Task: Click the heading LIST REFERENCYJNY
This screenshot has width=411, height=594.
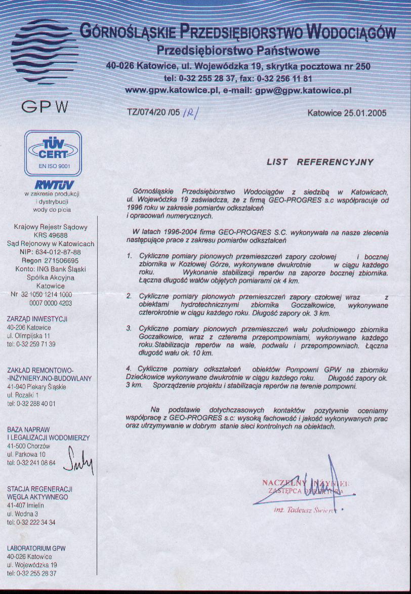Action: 320,163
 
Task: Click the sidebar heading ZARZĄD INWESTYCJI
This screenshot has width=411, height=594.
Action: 37,319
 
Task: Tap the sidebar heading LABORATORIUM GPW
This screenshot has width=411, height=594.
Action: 36,548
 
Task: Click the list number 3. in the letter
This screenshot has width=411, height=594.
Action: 129,329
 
